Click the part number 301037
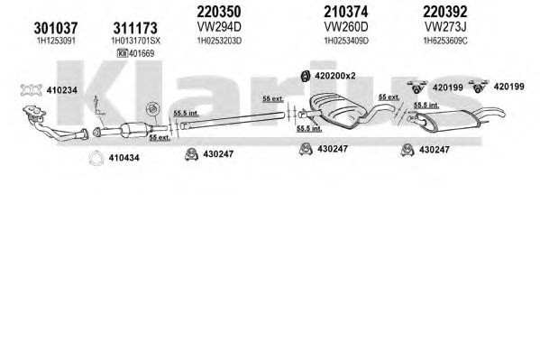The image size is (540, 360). tap(56, 28)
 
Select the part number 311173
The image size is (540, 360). tap(135, 28)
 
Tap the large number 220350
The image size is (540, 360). tap(219, 12)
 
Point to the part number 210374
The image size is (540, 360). tap(346, 12)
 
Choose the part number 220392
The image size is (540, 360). tap(445, 12)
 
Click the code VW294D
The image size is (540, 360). tap(219, 26)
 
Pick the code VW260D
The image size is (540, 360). tap(346, 26)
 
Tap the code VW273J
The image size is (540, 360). tap(445, 26)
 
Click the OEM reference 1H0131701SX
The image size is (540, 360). tap(135, 41)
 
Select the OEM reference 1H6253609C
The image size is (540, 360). tap(445, 41)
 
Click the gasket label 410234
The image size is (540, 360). tap(61, 90)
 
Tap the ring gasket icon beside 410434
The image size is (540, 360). tap(96, 158)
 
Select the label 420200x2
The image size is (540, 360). tap(334, 76)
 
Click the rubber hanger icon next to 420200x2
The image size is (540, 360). tap(305, 77)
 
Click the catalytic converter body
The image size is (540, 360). tap(133, 130)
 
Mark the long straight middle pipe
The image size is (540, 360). tap(232, 120)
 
